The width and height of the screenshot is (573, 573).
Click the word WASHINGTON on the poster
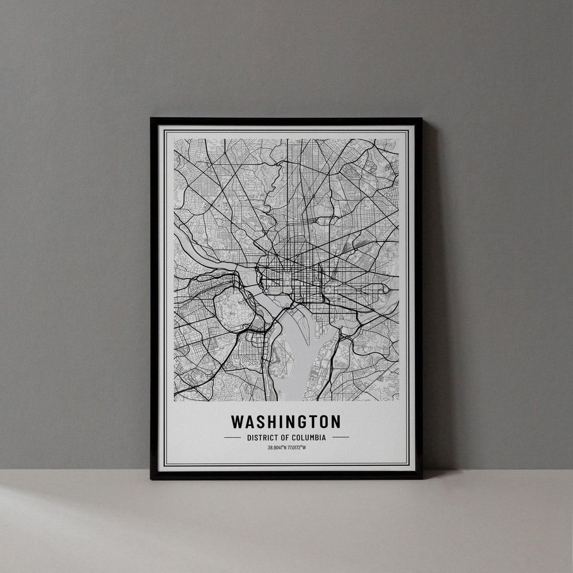pyautogui.click(x=286, y=422)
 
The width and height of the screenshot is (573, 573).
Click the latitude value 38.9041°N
pyautogui.click(x=277, y=448)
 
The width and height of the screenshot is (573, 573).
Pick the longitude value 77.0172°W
pyautogui.click(x=297, y=448)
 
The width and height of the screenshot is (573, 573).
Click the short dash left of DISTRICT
pyautogui.click(x=232, y=438)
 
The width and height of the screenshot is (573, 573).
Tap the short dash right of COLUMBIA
pyautogui.click(x=341, y=438)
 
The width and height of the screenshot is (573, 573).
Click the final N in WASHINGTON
pyautogui.click(x=335, y=422)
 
